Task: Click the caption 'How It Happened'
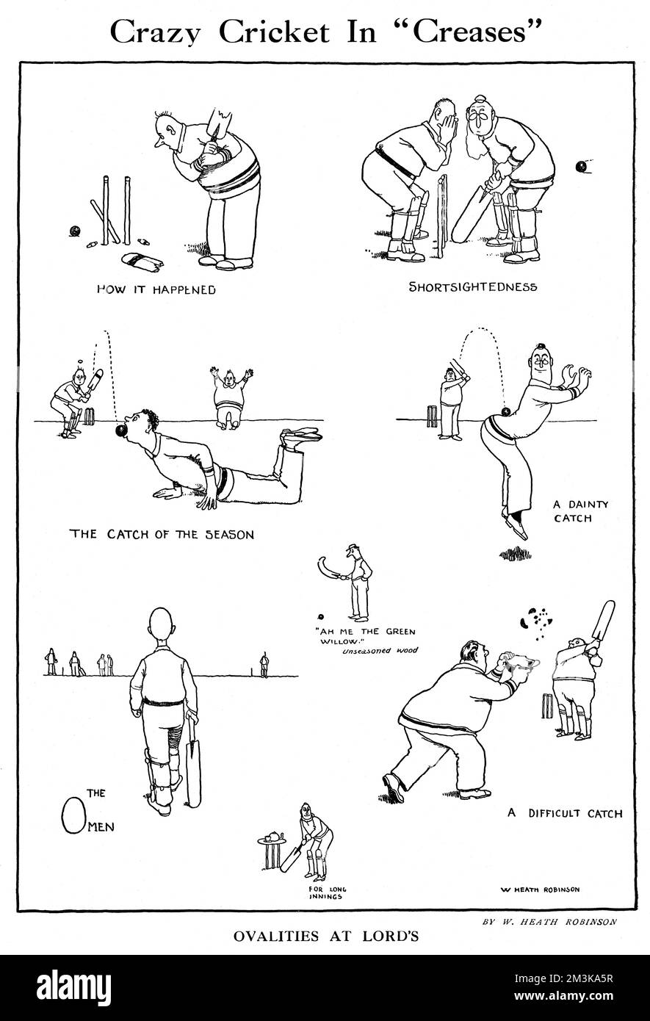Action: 156,289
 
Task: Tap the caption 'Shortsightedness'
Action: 473,286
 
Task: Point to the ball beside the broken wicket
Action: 73,231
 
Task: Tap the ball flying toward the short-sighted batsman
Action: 582,166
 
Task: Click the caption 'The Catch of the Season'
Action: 162,534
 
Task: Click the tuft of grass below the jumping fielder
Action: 516,552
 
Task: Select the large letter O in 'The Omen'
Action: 71,814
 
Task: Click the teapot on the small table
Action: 273,837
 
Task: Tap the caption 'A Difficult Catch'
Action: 565,813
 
